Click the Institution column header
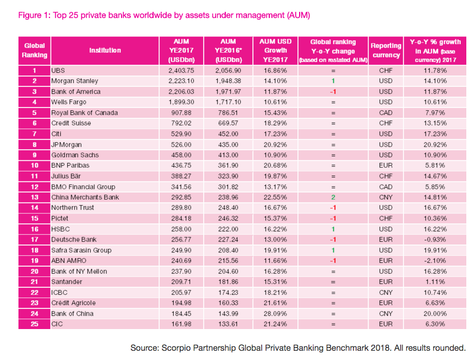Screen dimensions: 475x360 (x=105, y=50)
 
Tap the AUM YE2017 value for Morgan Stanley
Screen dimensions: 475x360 (x=181, y=81)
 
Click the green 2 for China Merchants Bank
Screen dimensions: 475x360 (x=333, y=197)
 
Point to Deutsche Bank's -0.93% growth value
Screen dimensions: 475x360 (x=435, y=239)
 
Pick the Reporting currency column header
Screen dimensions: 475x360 (x=386, y=50)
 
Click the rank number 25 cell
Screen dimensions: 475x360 (x=34, y=324)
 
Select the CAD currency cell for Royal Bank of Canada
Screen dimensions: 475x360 (x=385, y=113)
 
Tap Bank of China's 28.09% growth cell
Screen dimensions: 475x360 (x=275, y=314)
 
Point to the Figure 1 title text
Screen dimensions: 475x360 (x=164, y=15)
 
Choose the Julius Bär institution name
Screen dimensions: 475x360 (x=66, y=176)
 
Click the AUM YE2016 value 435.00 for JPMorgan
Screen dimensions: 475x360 (x=228, y=144)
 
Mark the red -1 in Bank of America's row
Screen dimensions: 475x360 (x=333, y=92)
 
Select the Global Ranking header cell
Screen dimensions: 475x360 (x=34, y=50)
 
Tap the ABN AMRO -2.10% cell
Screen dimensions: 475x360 (x=435, y=261)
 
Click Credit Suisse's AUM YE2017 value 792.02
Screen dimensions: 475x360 (x=181, y=123)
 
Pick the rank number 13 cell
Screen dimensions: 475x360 (x=34, y=197)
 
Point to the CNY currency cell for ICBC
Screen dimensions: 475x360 (x=385, y=293)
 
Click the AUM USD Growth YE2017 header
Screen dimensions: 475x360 (x=275, y=50)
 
